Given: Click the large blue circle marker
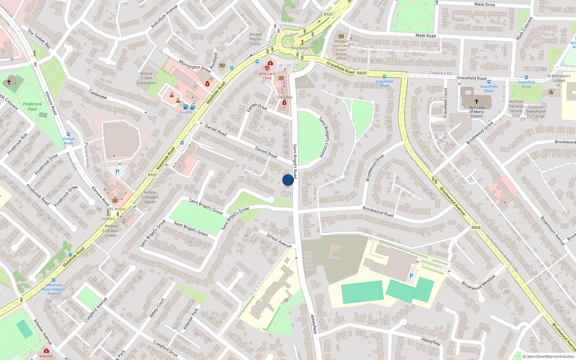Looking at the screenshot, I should (288, 180).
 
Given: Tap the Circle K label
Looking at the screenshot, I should (185, 112).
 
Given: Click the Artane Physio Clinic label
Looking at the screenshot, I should (256, 39).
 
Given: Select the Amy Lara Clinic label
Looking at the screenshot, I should (267, 76).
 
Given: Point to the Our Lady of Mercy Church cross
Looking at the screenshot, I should (477, 102).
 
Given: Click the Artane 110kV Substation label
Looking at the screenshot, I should (146, 78).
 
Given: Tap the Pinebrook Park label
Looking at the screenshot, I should (32, 107).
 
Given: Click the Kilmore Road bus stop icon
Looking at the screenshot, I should (68, 134).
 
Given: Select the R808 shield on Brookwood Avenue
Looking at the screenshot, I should (476, 228).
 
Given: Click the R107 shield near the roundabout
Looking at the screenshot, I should (328, 14).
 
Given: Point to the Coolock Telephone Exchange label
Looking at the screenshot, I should (536, 112).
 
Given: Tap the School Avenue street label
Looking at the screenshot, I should (279, 240).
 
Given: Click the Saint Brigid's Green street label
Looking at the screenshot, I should (191, 229).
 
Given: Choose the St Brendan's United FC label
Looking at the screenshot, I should (559, 81).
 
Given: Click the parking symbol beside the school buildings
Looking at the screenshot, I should (411, 276).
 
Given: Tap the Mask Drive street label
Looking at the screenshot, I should (484, 4).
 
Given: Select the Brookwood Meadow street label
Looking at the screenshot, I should (478, 282).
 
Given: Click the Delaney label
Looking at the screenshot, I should (285, 97).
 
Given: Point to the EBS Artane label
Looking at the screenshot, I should (116, 209).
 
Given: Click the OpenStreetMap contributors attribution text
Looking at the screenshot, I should (548, 356).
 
